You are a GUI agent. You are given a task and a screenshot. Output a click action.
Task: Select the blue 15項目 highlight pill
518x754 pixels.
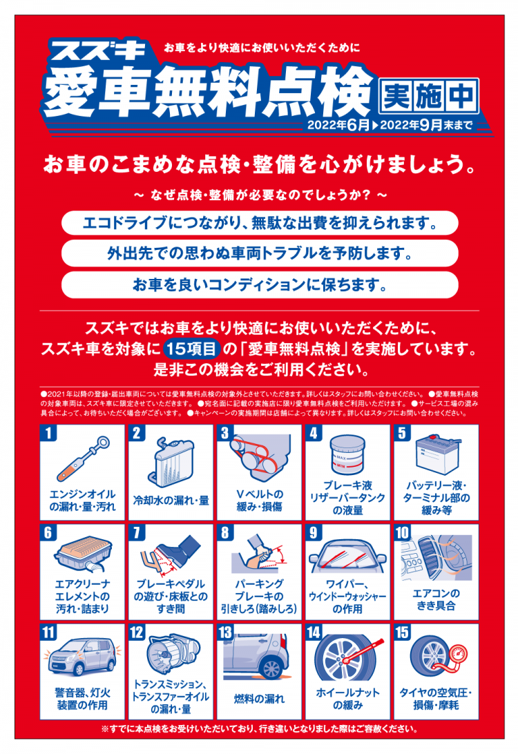192,349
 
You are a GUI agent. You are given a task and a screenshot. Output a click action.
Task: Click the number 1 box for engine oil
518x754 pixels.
48,433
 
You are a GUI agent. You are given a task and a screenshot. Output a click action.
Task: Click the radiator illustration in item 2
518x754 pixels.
172,463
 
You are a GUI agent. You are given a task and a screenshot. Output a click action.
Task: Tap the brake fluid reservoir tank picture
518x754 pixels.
347,454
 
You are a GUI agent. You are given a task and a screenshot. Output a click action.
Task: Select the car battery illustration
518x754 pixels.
437,454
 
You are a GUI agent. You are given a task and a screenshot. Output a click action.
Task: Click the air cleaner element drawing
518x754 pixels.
83,554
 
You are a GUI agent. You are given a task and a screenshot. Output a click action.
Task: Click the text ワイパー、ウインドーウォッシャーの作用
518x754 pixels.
347,597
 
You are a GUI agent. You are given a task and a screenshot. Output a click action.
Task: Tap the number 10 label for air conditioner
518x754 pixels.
402,532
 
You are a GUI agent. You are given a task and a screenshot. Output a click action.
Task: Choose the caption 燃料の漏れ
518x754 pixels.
259,699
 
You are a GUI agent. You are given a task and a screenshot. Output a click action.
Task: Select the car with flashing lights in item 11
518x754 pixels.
82,657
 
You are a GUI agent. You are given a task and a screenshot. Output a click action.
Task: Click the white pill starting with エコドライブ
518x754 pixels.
260,223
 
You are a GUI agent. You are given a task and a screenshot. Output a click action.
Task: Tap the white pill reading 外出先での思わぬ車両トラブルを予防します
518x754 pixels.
260,253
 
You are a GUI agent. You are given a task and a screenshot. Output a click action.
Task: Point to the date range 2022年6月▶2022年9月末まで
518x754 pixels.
390,125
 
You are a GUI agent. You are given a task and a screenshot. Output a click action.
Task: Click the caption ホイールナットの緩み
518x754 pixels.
347,699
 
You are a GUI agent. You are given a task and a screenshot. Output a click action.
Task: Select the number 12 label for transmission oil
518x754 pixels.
137,632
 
